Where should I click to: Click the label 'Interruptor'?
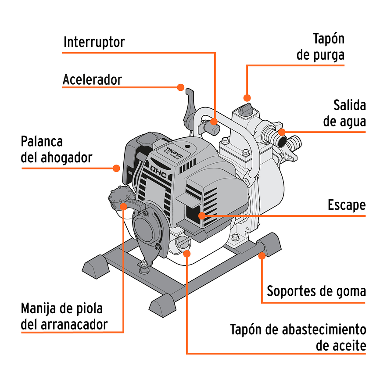94,42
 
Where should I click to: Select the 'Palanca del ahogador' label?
57,149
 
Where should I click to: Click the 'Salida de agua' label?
344,113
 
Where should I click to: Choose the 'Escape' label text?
346,205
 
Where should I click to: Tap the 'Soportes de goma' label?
316,291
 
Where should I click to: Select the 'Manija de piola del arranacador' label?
64,316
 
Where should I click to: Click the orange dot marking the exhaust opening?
201,215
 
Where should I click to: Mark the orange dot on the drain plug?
247,97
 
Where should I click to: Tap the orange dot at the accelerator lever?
180,87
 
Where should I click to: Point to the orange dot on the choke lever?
116,168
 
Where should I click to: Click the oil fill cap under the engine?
182,242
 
